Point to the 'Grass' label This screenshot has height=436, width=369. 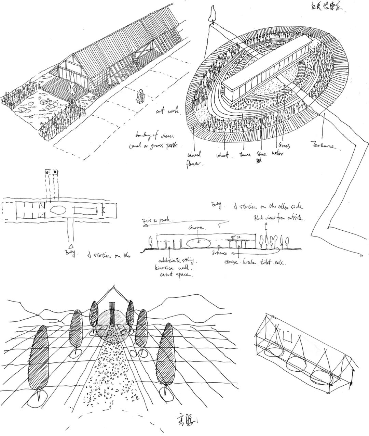pyautogui.click(x=284, y=146)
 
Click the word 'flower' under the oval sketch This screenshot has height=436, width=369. pyautogui.click(x=195, y=164)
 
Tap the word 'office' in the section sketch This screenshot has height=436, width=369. pyautogui.click(x=236, y=236)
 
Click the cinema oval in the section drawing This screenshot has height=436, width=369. pyautogui.click(x=199, y=242)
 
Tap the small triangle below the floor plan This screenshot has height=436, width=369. pyautogui.click(x=71, y=246)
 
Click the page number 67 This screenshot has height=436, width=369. pyautogui.click(x=361, y=256)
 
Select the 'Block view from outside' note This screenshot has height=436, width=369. pyautogui.click(x=279, y=218)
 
